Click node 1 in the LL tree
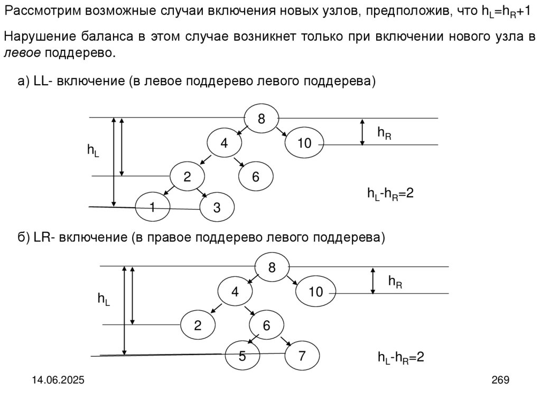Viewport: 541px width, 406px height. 152,207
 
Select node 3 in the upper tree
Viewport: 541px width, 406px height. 217,208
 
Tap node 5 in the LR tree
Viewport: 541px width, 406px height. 242,356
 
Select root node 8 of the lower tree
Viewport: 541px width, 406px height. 272,267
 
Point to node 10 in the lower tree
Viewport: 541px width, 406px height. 315,292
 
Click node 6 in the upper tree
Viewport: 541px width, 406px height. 256,177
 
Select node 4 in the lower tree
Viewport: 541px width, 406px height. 235,292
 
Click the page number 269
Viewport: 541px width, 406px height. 500,380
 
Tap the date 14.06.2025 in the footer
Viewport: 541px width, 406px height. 60,380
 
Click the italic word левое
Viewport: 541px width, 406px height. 23,53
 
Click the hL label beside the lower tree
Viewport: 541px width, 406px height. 104,300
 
